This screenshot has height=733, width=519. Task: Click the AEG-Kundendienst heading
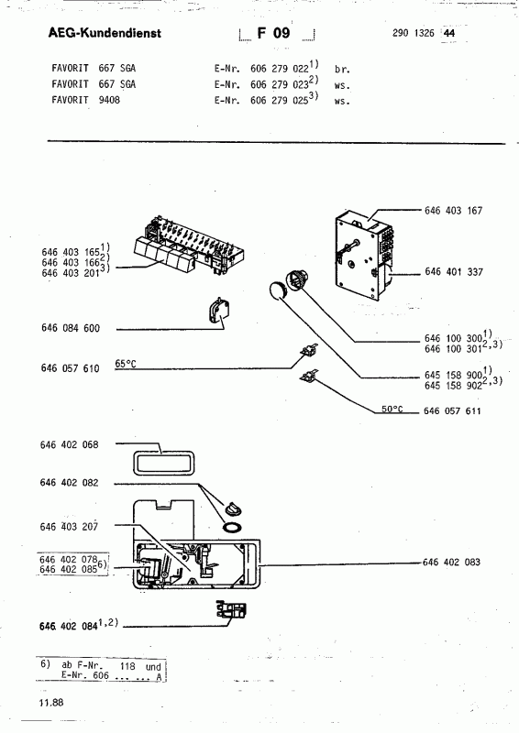point(105,33)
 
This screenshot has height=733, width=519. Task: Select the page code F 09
point(274,33)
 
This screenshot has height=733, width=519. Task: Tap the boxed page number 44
point(449,33)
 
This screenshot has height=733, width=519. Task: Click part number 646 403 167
point(453,211)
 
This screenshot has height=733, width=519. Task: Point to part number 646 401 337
point(454,271)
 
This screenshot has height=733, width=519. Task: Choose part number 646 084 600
point(71,328)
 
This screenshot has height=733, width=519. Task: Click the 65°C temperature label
point(126,363)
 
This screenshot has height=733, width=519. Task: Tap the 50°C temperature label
point(392,409)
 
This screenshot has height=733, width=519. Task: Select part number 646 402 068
point(70,444)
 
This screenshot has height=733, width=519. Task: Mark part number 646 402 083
point(451,562)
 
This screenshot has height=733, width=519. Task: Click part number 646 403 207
point(70,527)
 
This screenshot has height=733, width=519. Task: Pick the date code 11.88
point(51,702)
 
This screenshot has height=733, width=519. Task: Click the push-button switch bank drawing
point(190,246)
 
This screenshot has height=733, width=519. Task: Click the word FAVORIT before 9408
point(70,100)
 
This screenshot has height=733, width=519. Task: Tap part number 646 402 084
point(69,626)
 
